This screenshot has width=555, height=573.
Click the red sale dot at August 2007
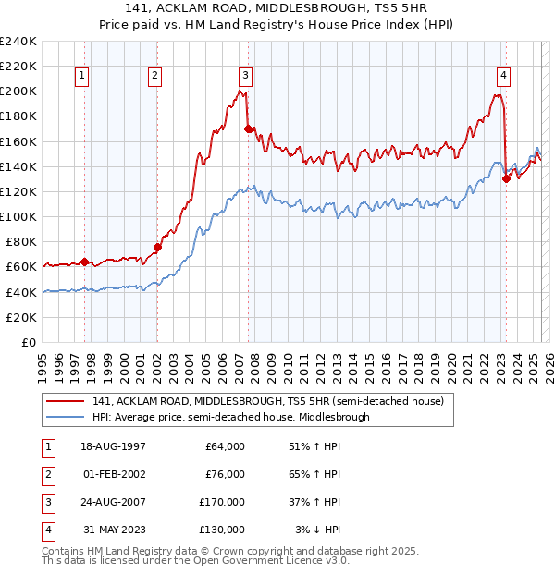coord(249,128)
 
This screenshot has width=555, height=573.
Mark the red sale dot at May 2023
coord(506,179)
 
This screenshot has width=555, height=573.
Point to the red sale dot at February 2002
coord(157,247)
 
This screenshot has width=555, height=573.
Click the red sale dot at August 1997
coord(84,262)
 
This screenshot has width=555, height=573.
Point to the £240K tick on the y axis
coord(18,42)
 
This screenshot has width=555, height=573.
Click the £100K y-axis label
coord(18,216)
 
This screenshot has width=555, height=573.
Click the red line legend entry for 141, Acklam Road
coord(268,401)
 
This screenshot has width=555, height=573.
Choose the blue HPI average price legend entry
coord(230,417)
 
